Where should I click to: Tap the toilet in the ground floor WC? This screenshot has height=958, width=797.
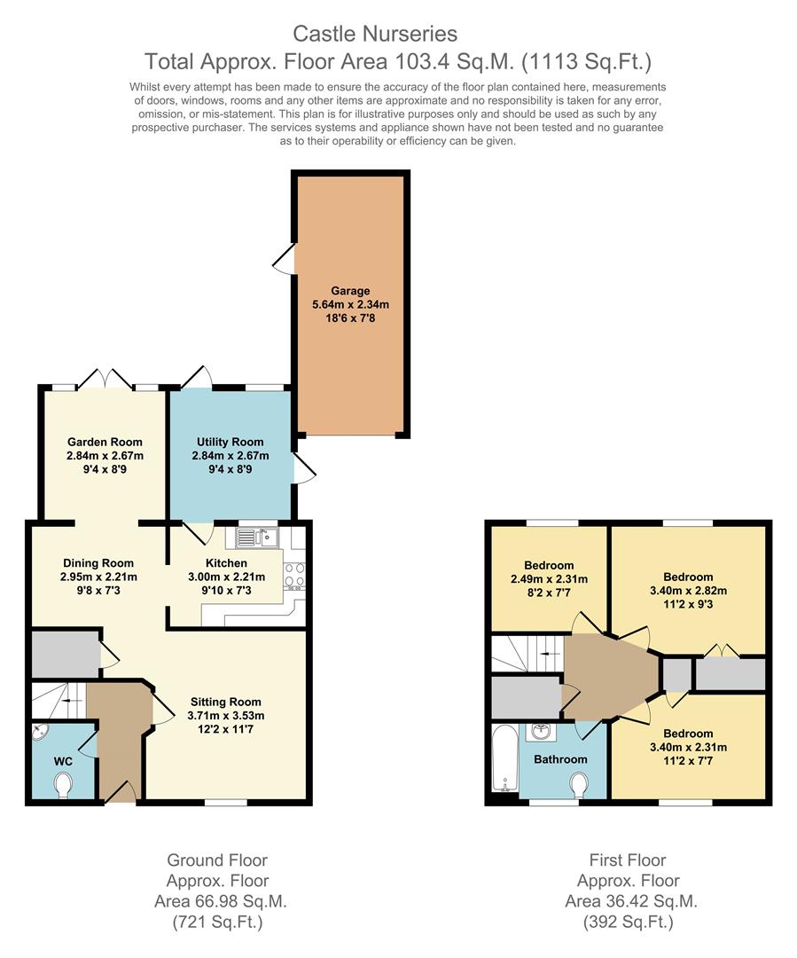[x=63, y=783]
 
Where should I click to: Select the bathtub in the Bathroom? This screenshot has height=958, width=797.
[x=503, y=758]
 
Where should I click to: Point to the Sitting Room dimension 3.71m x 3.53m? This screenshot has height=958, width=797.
[x=226, y=716]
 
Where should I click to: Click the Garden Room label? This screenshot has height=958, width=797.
[x=104, y=442]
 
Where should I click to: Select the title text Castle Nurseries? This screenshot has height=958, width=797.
[x=376, y=35]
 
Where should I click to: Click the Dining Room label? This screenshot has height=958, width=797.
[x=98, y=562]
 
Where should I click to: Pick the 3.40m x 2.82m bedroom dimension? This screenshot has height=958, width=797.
[x=687, y=591]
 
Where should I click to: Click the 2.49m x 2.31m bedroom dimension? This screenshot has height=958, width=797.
[x=549, y=579]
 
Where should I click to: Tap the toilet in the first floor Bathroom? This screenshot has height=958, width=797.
[x=580, y=784]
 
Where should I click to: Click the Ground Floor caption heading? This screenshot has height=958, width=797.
[x=217, y=860]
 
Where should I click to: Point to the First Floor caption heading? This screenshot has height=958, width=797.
[x=628, y=860]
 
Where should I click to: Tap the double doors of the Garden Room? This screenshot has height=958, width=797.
[x=105, y=379]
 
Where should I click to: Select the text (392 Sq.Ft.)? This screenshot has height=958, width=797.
[x=628, y=923]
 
